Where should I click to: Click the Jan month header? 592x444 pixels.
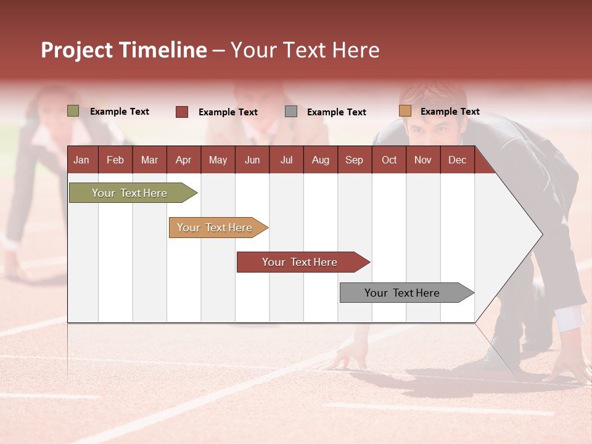click(x=81, y=160)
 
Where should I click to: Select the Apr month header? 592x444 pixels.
click(x=184, y=160)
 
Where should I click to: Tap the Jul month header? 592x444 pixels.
click(x=286, y=160)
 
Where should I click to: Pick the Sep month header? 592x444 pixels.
click(x=354, y=160)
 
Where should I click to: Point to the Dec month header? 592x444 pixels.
click(x=457, y=160)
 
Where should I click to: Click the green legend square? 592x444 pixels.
click(x=73, y=111)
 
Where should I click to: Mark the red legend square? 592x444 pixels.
click(x=182, y=112)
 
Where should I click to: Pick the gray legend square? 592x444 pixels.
click(x=291, y=111)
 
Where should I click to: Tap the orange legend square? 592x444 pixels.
click(x=405, y=111)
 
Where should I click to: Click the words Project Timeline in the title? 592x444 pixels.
click(x=124, y=50)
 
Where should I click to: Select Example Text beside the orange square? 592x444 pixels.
click(x=450, y=112)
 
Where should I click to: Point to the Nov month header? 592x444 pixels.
click(x=423, y=160)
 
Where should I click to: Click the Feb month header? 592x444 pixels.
click(x=115, y=160)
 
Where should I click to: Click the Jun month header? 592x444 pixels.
click(x=252, y=160)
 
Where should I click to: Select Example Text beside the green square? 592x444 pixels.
click(x=120, y=112)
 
